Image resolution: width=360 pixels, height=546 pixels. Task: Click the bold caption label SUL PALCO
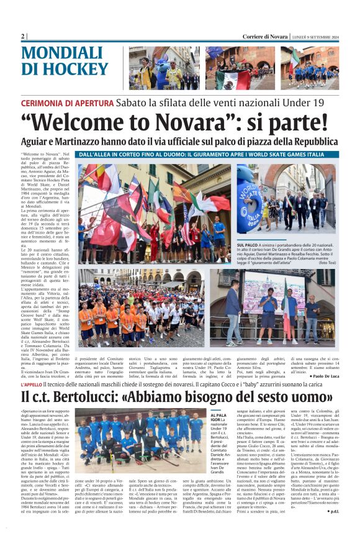[x=246, y=246]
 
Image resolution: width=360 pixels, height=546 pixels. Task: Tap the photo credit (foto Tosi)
[x=327, y=263]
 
